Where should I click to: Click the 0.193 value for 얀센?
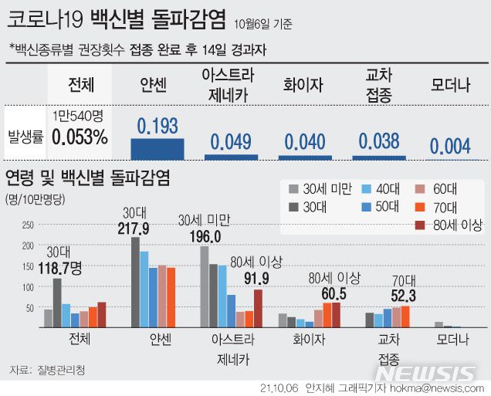pyautogui.click(x=157, y=126)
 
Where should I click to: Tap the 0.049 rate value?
pyautogui.click(x=231, y=140)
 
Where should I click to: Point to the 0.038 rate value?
pyautogui.click(x=379, y=140)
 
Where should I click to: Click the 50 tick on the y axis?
pyautogui.click(x=29, y=308)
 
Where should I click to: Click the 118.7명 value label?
pyautogui.click(x=69, y=268)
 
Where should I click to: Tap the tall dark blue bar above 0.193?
pyautogui.click(x=157, y=147)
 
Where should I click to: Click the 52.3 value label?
pyautogui.click(x=403, y=296)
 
